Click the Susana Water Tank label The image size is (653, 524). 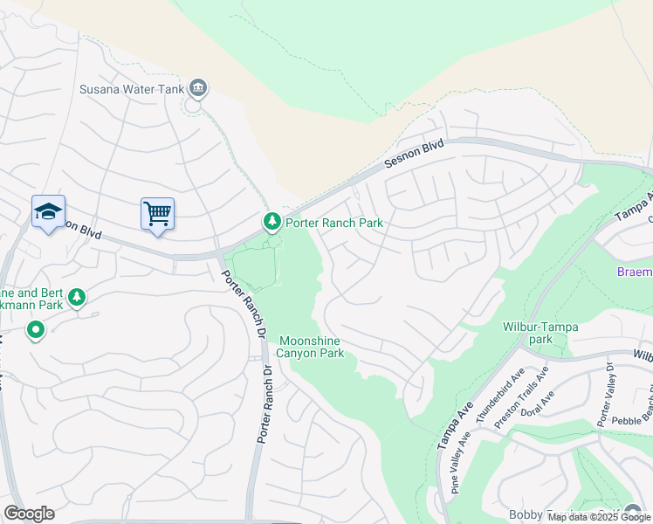click(x=131, y=88)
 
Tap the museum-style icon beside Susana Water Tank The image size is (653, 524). click(x=198, y=87)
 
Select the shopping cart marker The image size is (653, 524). click(x=157, y=213)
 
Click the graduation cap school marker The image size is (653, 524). click(x=49, y=211)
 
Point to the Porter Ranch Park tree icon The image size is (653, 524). click(x=272, y=223)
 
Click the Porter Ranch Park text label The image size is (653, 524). click(x=333, y=223)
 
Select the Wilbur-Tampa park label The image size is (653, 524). click(x=540, y=333)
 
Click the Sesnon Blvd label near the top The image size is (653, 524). click(x=415, y=155)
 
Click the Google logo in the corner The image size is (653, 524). click(x=29, y=514)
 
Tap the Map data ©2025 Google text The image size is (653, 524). click(x=598, y=517)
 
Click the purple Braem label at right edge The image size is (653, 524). click(x=634, y=272)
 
